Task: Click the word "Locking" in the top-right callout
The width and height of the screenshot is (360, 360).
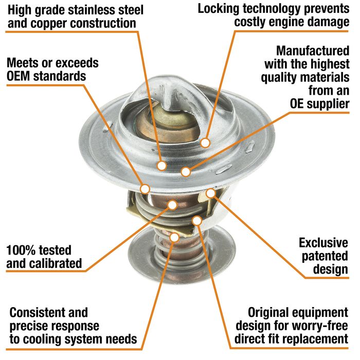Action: coord(219,9)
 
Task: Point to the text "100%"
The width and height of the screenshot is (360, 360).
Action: coord(19,250)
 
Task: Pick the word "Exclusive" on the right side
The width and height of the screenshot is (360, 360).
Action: coord(323,243)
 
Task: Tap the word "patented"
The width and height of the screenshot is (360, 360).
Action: coord(325,257)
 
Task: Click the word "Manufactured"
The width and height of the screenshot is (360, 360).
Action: coord(313,51)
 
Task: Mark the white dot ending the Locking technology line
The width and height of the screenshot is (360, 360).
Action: coord(205,143)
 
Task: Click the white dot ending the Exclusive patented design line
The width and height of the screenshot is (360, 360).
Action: coord(210,193)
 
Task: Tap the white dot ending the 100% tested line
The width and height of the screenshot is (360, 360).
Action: coord(172,205)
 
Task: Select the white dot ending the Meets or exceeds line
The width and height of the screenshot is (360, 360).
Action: coord(145,189)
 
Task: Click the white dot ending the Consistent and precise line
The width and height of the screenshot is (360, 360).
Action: coord(174,238)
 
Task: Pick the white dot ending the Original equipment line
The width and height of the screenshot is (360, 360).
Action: coord(197,221)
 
